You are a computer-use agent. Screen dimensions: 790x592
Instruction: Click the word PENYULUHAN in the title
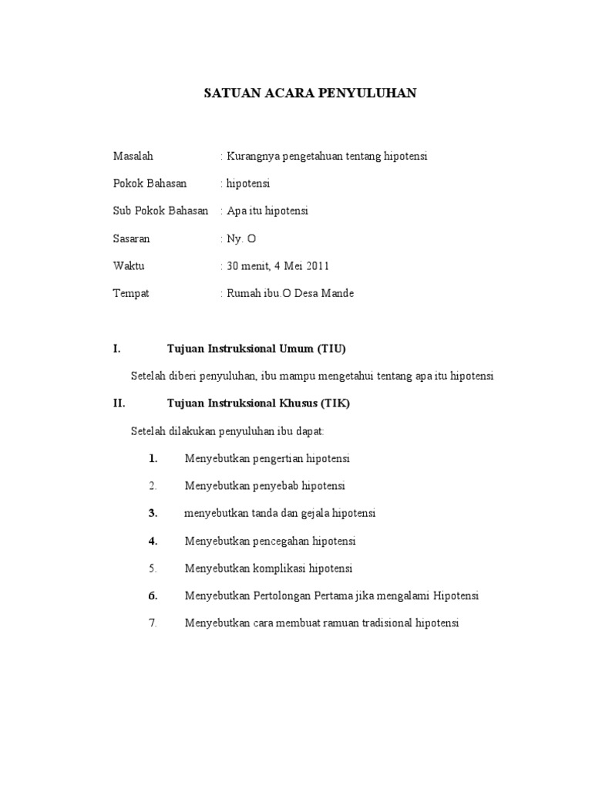tap(372, 93)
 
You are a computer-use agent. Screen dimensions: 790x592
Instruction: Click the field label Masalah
tap(133, 156)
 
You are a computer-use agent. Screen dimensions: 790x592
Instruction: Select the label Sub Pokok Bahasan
tap(161, 211)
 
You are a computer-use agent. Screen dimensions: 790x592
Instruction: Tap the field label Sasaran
tap(132, 239)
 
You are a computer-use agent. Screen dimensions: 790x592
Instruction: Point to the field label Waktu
tap(129, 266)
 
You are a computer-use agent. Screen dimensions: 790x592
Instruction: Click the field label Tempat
tap(131, 294)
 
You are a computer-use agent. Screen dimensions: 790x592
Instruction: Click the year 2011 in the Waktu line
tap(317, 266)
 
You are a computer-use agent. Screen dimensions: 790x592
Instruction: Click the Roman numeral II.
tap(119, 403)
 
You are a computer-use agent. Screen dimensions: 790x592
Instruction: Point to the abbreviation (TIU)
tap(331, 349)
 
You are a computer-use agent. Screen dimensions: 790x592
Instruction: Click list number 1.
tap(153, 458)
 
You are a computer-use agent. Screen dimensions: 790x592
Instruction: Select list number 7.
tap(153, 623)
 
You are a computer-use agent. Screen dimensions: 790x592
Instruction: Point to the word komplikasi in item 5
tap(279, 569)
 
